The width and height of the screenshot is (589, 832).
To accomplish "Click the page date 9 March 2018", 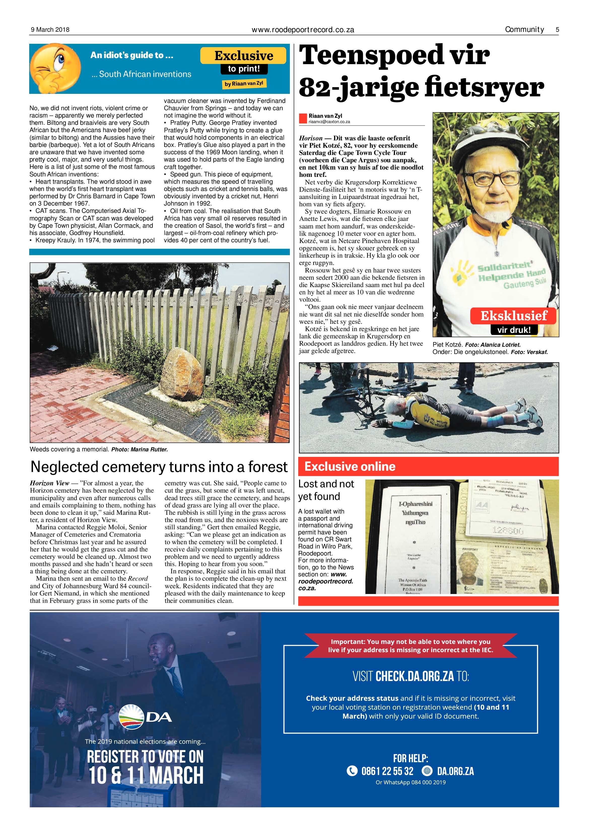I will click(x=50, y=30).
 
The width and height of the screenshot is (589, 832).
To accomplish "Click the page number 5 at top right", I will click(x=557, y=30).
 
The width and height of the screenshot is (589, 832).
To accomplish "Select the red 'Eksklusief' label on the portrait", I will click(x=513, y=316).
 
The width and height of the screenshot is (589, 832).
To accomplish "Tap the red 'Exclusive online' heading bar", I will click(x=428, y=466).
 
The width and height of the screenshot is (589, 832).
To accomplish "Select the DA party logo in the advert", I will click(x=145, y=717).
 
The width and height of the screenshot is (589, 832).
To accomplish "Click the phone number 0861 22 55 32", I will click(x=387, y=771).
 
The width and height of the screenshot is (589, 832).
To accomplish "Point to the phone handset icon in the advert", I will click(x=352, y=771).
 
